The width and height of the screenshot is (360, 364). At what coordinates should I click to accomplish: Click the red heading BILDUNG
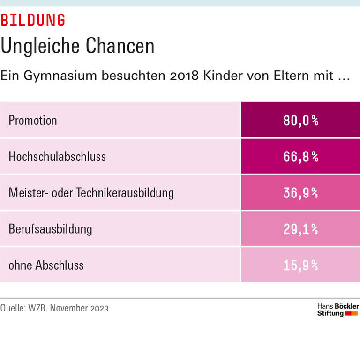[x=33, y=20]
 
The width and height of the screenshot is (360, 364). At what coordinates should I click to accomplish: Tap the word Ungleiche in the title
[x=39, y=46]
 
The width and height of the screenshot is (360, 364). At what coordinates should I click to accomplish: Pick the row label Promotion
[x=33, y=120]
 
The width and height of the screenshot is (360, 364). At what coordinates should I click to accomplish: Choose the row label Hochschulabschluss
[x=57, y=156]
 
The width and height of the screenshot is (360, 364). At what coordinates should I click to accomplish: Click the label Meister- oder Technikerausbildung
[x=91, y=193]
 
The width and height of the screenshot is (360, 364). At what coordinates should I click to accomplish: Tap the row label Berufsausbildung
[x=50, y=229]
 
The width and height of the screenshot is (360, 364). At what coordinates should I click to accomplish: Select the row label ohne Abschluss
[x=46, y=265]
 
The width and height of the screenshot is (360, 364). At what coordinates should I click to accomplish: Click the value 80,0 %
[x=300, y=121]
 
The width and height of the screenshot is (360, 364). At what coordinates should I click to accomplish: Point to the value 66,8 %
[x=300, y=157]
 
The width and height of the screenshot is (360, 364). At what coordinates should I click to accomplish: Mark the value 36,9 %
[x=300, y=193]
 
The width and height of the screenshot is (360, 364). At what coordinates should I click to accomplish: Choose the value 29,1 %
[x=300, y=229]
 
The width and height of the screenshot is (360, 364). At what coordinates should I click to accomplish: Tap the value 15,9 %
[x=300, y=265]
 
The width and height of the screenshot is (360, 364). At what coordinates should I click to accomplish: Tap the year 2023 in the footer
[x=99, y=308]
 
